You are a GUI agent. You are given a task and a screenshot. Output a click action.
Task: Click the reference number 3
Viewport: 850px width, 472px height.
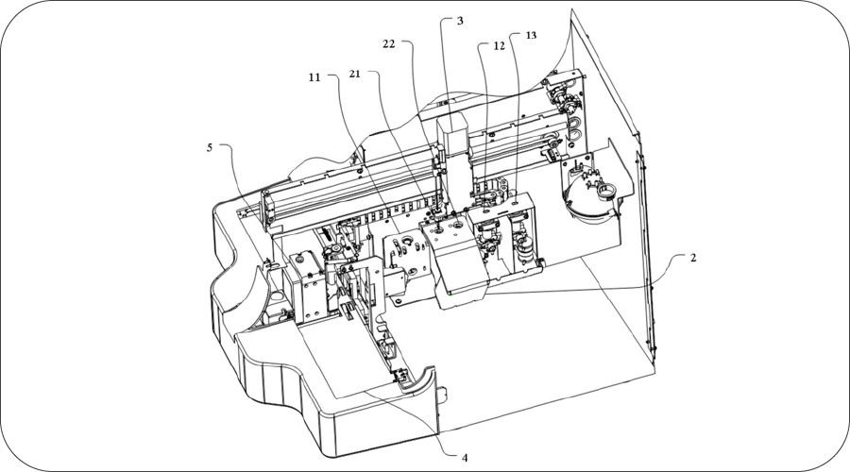pyautogui.click(x=460, y=20)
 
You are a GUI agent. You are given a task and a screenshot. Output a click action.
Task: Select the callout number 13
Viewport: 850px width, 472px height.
pyautogui.click(x=530, y=35)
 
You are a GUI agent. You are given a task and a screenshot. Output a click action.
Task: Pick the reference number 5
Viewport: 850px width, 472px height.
pyautogui.click(x=211, y=147)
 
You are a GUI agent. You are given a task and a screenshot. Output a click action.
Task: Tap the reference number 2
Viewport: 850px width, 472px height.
pyautogui.click(x=693, y=258)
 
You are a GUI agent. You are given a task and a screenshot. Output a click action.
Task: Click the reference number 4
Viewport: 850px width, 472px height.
pyautogui.click(x=464, y=457)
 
